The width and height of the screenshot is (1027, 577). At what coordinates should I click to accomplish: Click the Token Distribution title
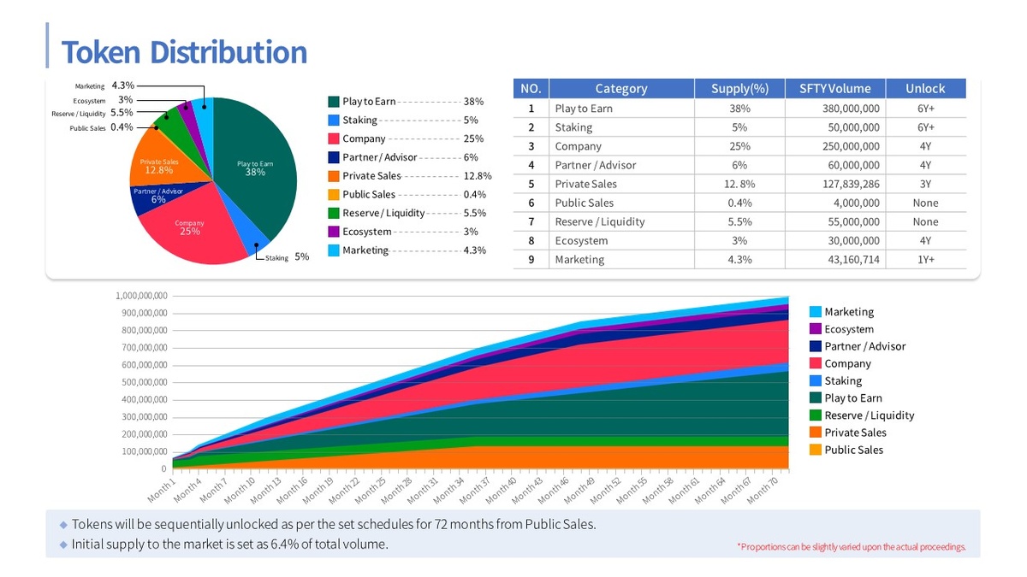tap(184, 52)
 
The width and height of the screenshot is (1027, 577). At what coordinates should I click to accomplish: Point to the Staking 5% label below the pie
tap(287, 257)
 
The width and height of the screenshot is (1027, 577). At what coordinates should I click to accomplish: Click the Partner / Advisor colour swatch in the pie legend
tap(334, 157)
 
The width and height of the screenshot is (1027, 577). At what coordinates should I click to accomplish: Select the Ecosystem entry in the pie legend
tap(366, 232)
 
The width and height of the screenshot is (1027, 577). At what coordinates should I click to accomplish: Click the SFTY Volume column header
tap(834, 88)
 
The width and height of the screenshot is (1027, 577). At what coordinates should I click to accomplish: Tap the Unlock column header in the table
tap(925, 88)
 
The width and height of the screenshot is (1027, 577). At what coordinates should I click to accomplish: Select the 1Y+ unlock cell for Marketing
tap(925, 259)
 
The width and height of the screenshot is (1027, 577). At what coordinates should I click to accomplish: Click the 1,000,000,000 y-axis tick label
tap(141, 296)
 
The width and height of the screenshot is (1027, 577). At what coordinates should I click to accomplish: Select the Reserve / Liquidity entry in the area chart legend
tap(869, 415)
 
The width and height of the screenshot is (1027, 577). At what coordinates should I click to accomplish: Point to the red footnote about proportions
tap(851, 547)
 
